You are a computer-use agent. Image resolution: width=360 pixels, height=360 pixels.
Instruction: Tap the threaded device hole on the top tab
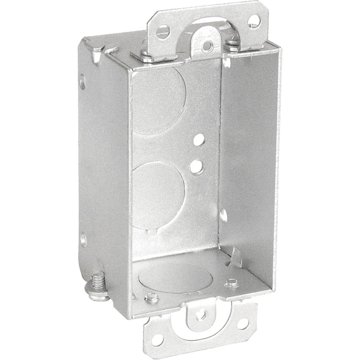(208, 45)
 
